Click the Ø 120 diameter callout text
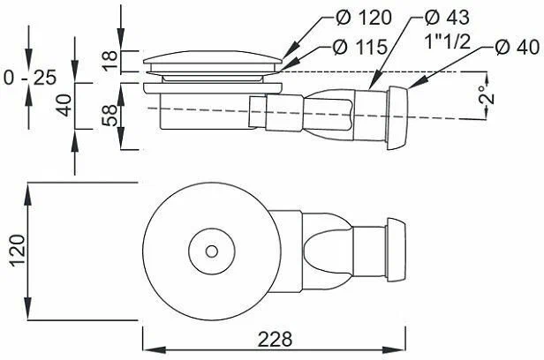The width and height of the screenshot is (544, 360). pyautogui.click(x=364, y=18)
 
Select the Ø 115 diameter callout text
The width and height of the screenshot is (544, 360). pyautogui.click(x=359, y=47)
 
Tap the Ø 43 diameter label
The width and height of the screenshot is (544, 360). pyautogui.click(x=447, y=17)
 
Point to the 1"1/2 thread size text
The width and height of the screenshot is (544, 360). pyautogui.click(x=448, y=41)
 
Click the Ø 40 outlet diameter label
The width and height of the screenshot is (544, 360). pyautogui.click(x=518, y=47)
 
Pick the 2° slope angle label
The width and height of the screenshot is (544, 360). pyautogui.click(x=487, y=94)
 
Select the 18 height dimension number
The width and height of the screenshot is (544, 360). pyautogui.click(x=110, y=61)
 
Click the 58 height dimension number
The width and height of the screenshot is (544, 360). pyautogui.click(x=110, y=116)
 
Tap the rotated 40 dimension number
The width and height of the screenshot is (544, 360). pyautogui.click(x=64, y=105)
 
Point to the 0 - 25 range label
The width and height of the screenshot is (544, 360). pyautogui.click(x=30, y=78)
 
